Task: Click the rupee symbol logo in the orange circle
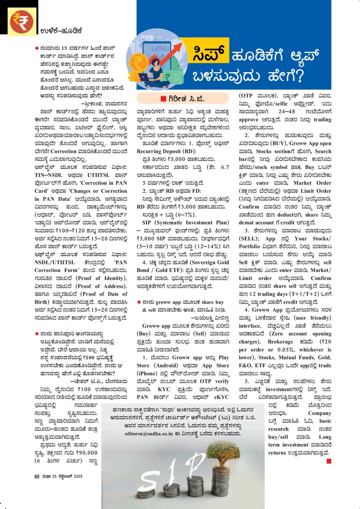tap(22, 21)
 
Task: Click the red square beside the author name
tap(163, 98)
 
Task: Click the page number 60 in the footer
tap(37, 477)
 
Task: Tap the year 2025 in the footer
tap(78, 477)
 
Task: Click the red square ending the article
tap(329, 461)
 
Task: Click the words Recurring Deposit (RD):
tap(166, 151)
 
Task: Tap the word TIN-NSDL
tap(48, 175)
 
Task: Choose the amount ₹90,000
tap(85, 453)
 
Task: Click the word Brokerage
tap(280, 341)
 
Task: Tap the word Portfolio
tap(249, 246)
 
